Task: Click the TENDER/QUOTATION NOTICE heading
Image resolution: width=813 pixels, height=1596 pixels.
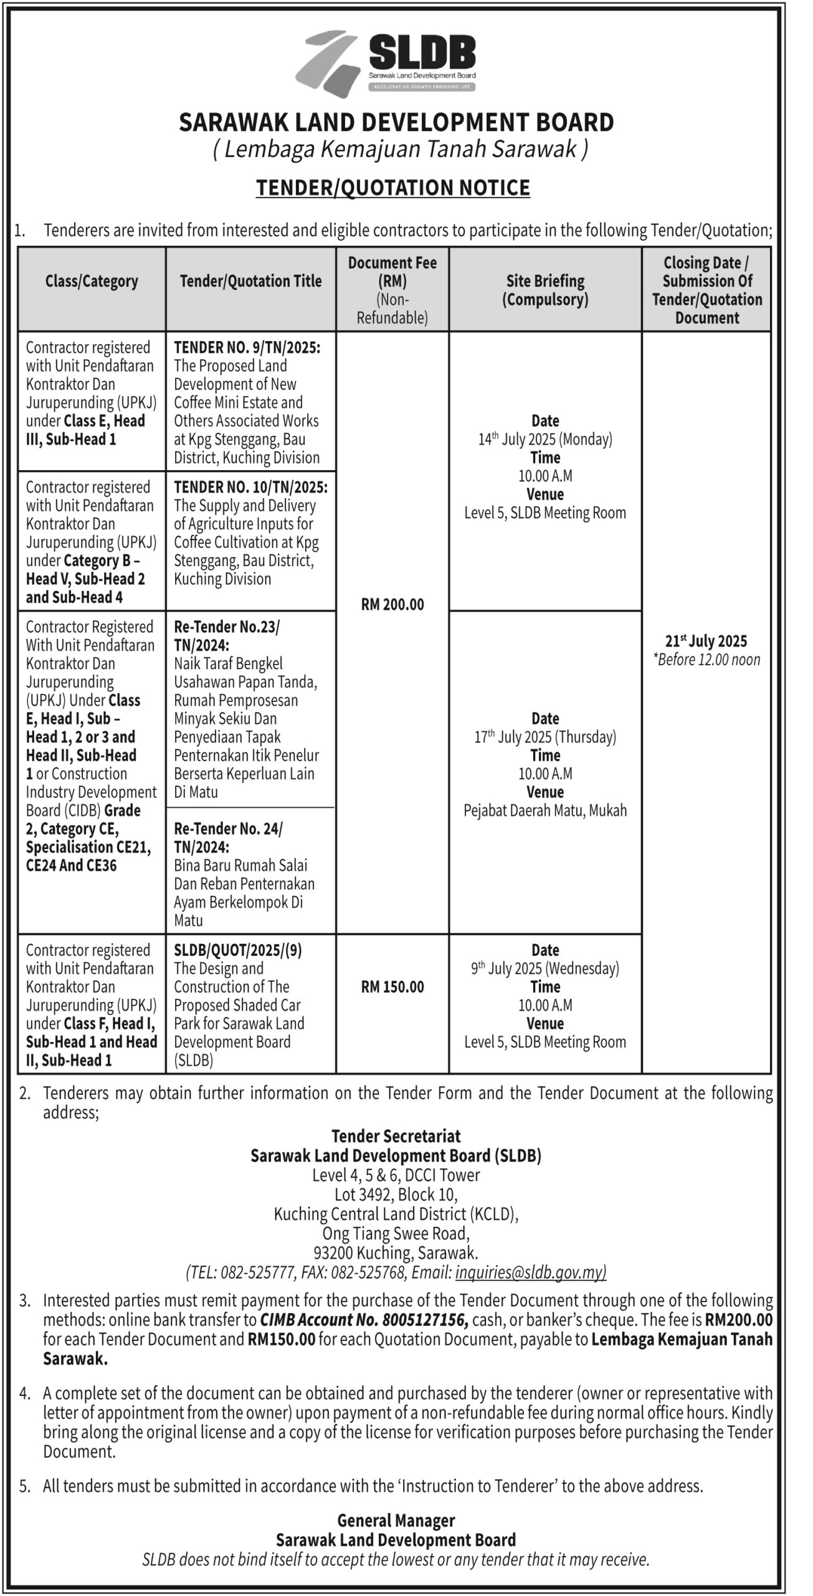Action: coord(392,188)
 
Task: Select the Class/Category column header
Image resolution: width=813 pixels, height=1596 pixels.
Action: coord(92,281)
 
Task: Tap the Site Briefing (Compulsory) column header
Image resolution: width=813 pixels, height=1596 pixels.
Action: coord(545,290)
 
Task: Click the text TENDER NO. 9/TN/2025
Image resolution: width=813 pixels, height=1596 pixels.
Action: coord(247,347)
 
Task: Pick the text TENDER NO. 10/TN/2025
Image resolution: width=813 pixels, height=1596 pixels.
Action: coord(250,487)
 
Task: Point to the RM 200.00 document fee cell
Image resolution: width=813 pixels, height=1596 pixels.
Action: coord(392,604)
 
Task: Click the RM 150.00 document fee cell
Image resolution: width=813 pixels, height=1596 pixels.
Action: coord(392,986)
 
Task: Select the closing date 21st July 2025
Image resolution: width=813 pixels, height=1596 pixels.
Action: coord(706,641)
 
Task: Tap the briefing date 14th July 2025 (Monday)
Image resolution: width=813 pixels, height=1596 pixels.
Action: coord(545,440)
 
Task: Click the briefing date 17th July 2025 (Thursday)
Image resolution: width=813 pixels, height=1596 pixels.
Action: coord(545,737)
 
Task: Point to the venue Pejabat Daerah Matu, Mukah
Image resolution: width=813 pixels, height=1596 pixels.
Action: coord(545,810)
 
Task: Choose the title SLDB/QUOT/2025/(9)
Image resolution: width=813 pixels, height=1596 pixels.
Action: coord(238,950)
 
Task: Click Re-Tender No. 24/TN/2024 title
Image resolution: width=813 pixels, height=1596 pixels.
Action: coord(228,837)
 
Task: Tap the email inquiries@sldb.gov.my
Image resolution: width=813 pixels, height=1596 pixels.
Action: coord(531,1272)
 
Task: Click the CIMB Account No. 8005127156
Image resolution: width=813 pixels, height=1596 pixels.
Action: coord(364,1320)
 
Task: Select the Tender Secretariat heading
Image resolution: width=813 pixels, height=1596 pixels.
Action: coord(396,1135)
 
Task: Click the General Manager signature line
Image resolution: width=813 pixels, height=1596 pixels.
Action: coord(396,1521)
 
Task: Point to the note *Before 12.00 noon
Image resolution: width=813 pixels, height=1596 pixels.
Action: coord(706,660)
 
